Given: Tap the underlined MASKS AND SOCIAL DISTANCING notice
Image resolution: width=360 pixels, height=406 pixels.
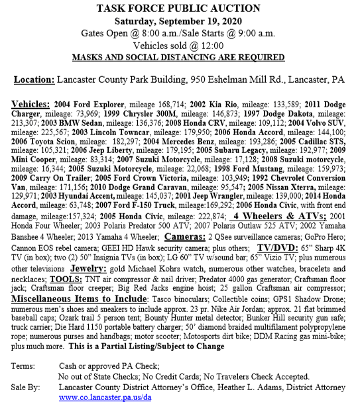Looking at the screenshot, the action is coord(180,57).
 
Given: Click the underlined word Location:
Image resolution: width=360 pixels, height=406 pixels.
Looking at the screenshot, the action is coord(36,79).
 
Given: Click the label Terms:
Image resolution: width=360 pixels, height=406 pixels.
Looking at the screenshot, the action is coord(24,364).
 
